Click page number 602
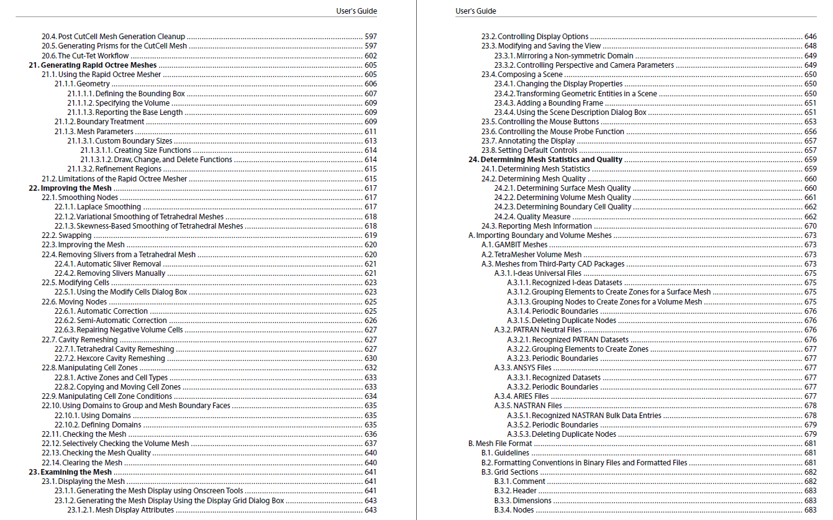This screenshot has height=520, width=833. [370, 56]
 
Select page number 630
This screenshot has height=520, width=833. [370, 358]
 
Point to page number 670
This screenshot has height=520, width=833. [810, 226]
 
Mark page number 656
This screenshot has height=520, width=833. [810, 132]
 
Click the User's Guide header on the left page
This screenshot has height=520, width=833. [355, 11]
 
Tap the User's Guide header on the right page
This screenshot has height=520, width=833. [476, 11]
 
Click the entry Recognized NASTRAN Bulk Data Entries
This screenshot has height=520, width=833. [584, 416]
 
